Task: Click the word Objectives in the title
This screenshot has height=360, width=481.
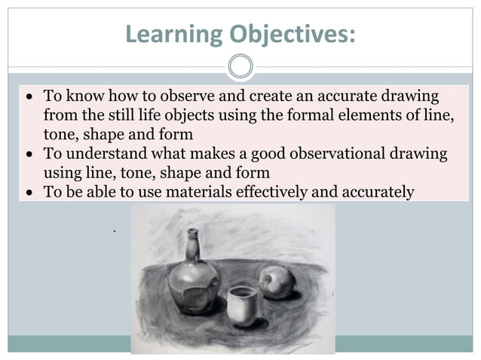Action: click(x=290, y=34)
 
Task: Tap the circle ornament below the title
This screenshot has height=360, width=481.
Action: click(x=240, y=67)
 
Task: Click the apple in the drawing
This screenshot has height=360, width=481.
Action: click(x=273, y=285)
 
